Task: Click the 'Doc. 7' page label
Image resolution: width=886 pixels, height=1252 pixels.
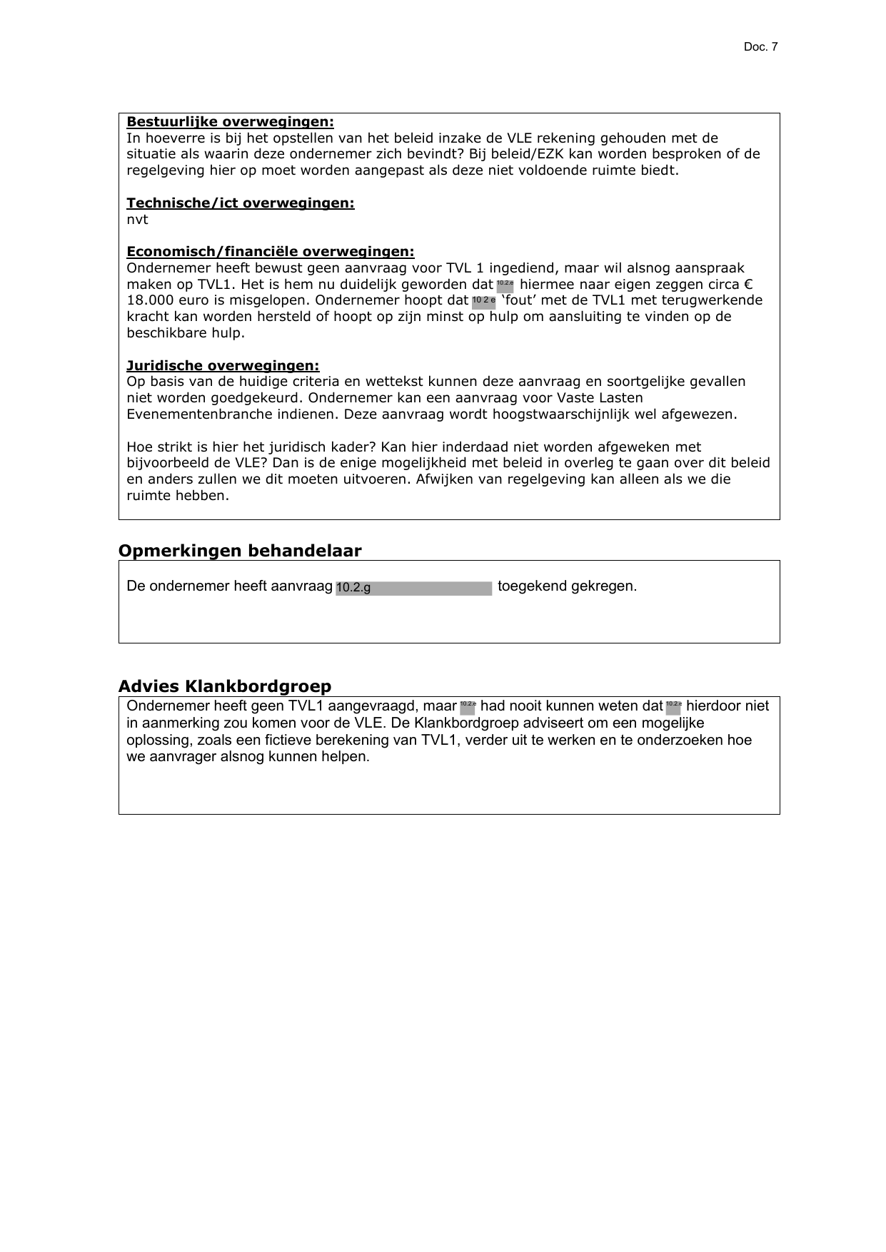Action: tap(760, 47)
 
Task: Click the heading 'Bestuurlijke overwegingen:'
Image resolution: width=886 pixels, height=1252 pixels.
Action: tap(230, 122)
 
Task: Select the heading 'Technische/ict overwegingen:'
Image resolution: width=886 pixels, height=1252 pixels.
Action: tap(240, 203)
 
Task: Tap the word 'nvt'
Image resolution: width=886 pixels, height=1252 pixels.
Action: tap(137, 220)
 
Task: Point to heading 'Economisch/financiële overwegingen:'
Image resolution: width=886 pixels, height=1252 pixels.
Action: tap(270, 252)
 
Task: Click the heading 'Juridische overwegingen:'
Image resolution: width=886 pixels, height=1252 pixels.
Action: tap(223, 366)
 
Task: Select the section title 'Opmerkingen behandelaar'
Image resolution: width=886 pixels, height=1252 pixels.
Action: tap(239, 551)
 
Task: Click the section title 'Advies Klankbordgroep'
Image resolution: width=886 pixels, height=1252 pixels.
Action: tap(224, 686)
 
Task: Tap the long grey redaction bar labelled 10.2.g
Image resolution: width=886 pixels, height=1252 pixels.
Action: tap(413, 588)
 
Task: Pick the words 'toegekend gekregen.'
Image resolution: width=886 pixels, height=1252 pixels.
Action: tap(567, 586)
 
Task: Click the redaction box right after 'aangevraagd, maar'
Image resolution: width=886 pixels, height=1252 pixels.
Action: tap(468, 707)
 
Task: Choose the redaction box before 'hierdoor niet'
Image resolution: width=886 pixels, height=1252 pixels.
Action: tap(673, 707)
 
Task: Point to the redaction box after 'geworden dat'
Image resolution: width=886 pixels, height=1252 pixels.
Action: tap(505, 285)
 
